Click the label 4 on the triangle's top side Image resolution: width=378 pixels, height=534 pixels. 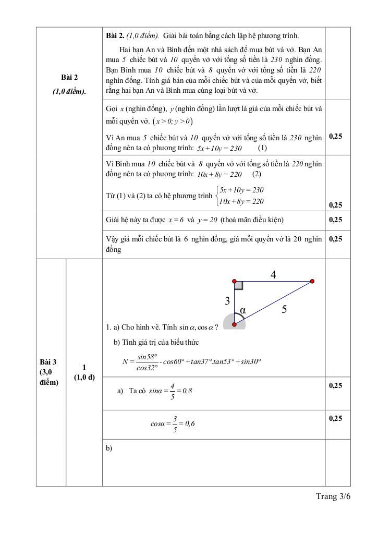click(x=273, y=275)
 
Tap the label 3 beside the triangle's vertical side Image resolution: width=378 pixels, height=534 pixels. click(x=227, y=301)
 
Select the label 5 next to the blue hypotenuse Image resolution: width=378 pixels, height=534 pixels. click(x=284, y=309)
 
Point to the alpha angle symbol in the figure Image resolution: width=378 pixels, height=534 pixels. click(x=242, y=311)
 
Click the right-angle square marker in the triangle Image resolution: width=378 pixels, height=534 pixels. click(x=238, y=285)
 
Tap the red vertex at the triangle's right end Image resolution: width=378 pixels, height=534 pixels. click(x=312, y=281)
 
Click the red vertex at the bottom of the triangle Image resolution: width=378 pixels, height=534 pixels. click(x=234, y=324)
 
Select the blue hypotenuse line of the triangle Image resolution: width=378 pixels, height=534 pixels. click(x=273, y=302)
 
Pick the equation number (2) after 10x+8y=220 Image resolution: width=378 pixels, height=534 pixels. click(x=257, y=174)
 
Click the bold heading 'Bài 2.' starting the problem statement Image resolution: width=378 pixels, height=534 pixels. click(x=115, y=35)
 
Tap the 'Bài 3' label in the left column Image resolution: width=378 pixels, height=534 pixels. click(x=48, y=362)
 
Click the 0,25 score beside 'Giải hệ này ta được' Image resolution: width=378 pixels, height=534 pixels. click(x=336, y=220)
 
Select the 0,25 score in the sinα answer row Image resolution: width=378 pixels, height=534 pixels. click(x=336, y=385)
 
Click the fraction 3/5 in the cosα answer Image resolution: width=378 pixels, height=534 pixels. click(x=175, y=424)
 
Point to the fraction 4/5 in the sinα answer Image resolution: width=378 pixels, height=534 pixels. click(x=173, y=390)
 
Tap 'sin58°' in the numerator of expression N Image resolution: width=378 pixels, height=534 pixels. click(x=148, y=357)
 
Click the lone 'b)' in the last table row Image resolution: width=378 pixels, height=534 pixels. click(x=109, y=448)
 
